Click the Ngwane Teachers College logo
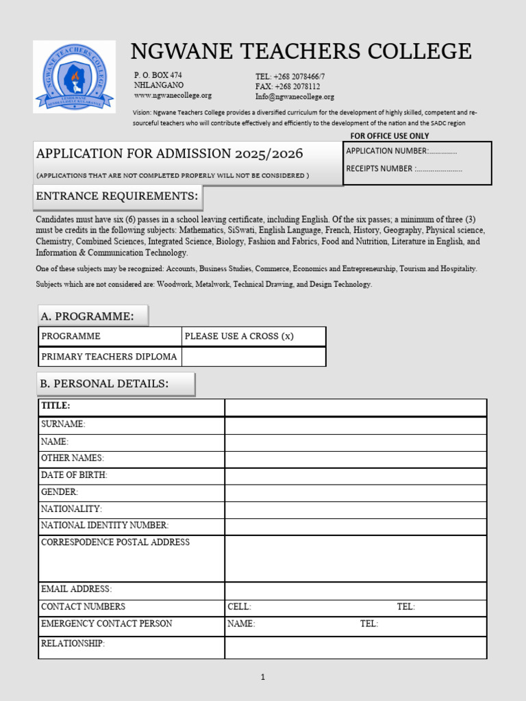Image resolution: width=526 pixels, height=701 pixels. [x=75, y=76]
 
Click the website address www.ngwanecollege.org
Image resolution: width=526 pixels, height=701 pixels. [x=173, y=96]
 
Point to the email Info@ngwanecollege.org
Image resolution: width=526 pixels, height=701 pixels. [x=295, y=97]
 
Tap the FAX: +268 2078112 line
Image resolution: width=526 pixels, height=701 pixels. [x=287, y=87]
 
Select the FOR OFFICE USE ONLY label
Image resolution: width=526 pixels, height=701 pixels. [x=390, y=136]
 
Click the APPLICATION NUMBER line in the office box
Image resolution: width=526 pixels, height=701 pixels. [x=401, y=151]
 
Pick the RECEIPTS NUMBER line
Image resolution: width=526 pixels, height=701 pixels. [x=404, y=168]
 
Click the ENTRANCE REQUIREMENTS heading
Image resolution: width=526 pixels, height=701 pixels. [x=117, y=196]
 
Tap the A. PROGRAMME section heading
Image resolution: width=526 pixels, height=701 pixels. [x=92, y=316]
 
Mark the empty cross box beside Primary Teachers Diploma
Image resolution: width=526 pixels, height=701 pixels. [x=253, y=357]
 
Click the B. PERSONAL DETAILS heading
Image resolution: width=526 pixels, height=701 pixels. [x=115, y=384]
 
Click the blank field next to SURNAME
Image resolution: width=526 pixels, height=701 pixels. [x=355, y=425]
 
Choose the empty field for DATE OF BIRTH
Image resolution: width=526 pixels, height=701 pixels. [x=355, y=476]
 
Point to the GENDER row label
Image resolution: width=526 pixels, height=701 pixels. [x=60, y=492]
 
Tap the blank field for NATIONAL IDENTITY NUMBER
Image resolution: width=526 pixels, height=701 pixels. [x=355, y=526]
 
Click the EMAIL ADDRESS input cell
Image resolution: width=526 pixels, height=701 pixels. [x=355, y=590]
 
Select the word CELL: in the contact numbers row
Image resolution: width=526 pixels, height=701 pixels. [x=240, y=607]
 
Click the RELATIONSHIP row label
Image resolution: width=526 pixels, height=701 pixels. [x=73, y=644]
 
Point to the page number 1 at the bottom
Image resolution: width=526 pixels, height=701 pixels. [x=263, y=678]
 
